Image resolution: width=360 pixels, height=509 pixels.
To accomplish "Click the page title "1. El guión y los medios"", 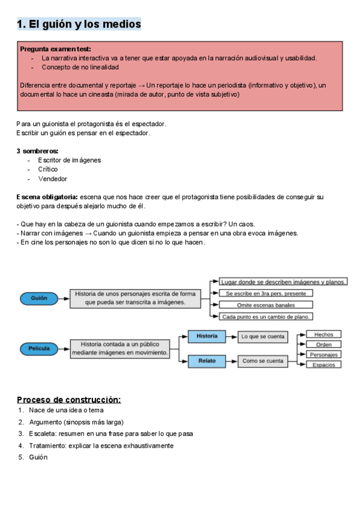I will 79,24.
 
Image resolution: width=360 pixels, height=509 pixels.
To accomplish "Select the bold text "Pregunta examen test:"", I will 55,49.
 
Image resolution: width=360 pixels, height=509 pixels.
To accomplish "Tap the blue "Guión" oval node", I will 39,298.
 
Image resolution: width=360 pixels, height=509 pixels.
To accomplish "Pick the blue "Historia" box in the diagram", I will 207,336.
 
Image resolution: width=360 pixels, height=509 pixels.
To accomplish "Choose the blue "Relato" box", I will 207,361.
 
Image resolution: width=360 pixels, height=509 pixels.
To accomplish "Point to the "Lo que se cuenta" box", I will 263,337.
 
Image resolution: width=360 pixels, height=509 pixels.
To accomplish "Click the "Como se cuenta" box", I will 263,361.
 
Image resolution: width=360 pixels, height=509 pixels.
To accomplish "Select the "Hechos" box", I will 323,334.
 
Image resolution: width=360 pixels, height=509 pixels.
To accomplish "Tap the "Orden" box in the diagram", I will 323,345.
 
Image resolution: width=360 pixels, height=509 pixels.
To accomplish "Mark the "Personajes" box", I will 323,355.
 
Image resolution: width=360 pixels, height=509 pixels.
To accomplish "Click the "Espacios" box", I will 323,365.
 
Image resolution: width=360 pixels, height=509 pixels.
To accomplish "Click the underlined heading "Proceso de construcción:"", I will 68,400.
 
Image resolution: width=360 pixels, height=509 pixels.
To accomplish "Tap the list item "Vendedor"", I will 53,179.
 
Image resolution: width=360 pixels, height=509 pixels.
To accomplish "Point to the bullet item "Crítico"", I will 48,169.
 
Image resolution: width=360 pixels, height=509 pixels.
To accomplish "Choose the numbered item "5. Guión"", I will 38,457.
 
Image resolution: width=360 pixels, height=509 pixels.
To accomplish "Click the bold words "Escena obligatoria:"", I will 47,197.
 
